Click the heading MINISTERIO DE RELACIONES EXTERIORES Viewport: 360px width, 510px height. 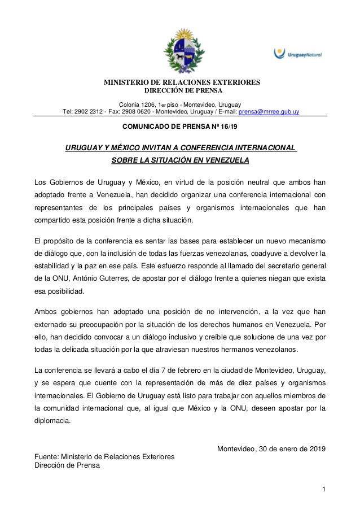tap(182, 82)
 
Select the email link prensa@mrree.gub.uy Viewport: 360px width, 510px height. tap(270, 112)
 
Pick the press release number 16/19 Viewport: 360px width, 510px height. tap(230, 127)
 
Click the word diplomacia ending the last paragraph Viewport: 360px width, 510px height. tap(52, 420)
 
